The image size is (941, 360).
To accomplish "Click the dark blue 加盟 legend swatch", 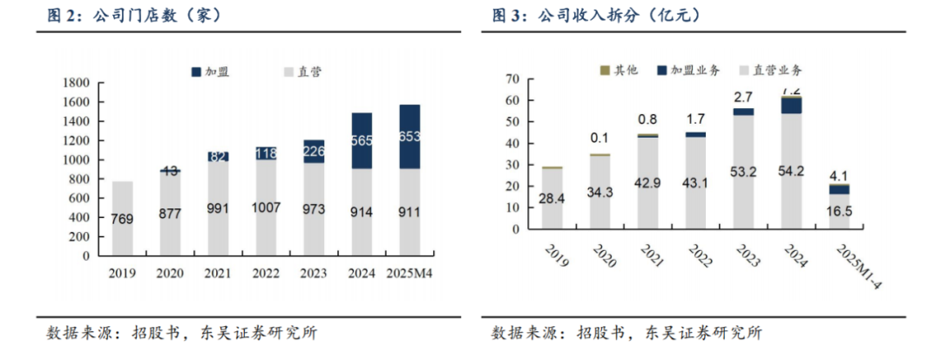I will tap(196, 71).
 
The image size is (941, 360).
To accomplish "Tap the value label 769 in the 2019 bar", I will tap(124, 220).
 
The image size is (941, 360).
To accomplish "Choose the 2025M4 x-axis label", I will tap(410, 273).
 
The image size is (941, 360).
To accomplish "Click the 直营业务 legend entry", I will tap(775, 69).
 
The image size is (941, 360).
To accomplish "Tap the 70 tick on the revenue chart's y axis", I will tap(513, 79).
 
